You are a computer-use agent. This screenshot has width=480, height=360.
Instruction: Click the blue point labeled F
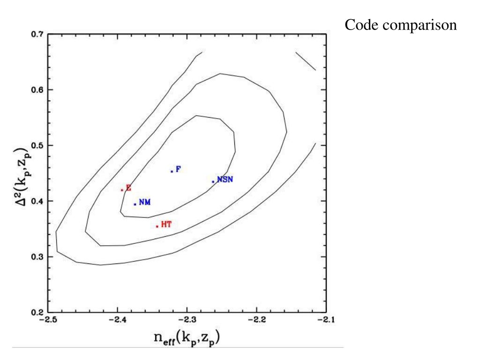172,171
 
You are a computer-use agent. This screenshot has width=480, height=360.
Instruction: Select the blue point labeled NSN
213,181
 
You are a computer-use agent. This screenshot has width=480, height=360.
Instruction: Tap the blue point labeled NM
135,204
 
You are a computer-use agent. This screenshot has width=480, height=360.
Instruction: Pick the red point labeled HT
157,226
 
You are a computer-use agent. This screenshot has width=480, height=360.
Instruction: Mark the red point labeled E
122,190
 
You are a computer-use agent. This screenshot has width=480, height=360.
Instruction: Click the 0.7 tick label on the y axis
37,35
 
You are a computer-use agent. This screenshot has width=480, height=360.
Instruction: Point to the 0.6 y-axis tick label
37,90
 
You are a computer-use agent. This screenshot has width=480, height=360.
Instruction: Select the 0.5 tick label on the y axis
37,146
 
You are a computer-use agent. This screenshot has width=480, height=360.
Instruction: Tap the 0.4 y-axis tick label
37,202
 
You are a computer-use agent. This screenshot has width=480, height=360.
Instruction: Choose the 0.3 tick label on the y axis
37,257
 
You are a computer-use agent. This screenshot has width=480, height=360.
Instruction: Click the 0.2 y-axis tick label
37,313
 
